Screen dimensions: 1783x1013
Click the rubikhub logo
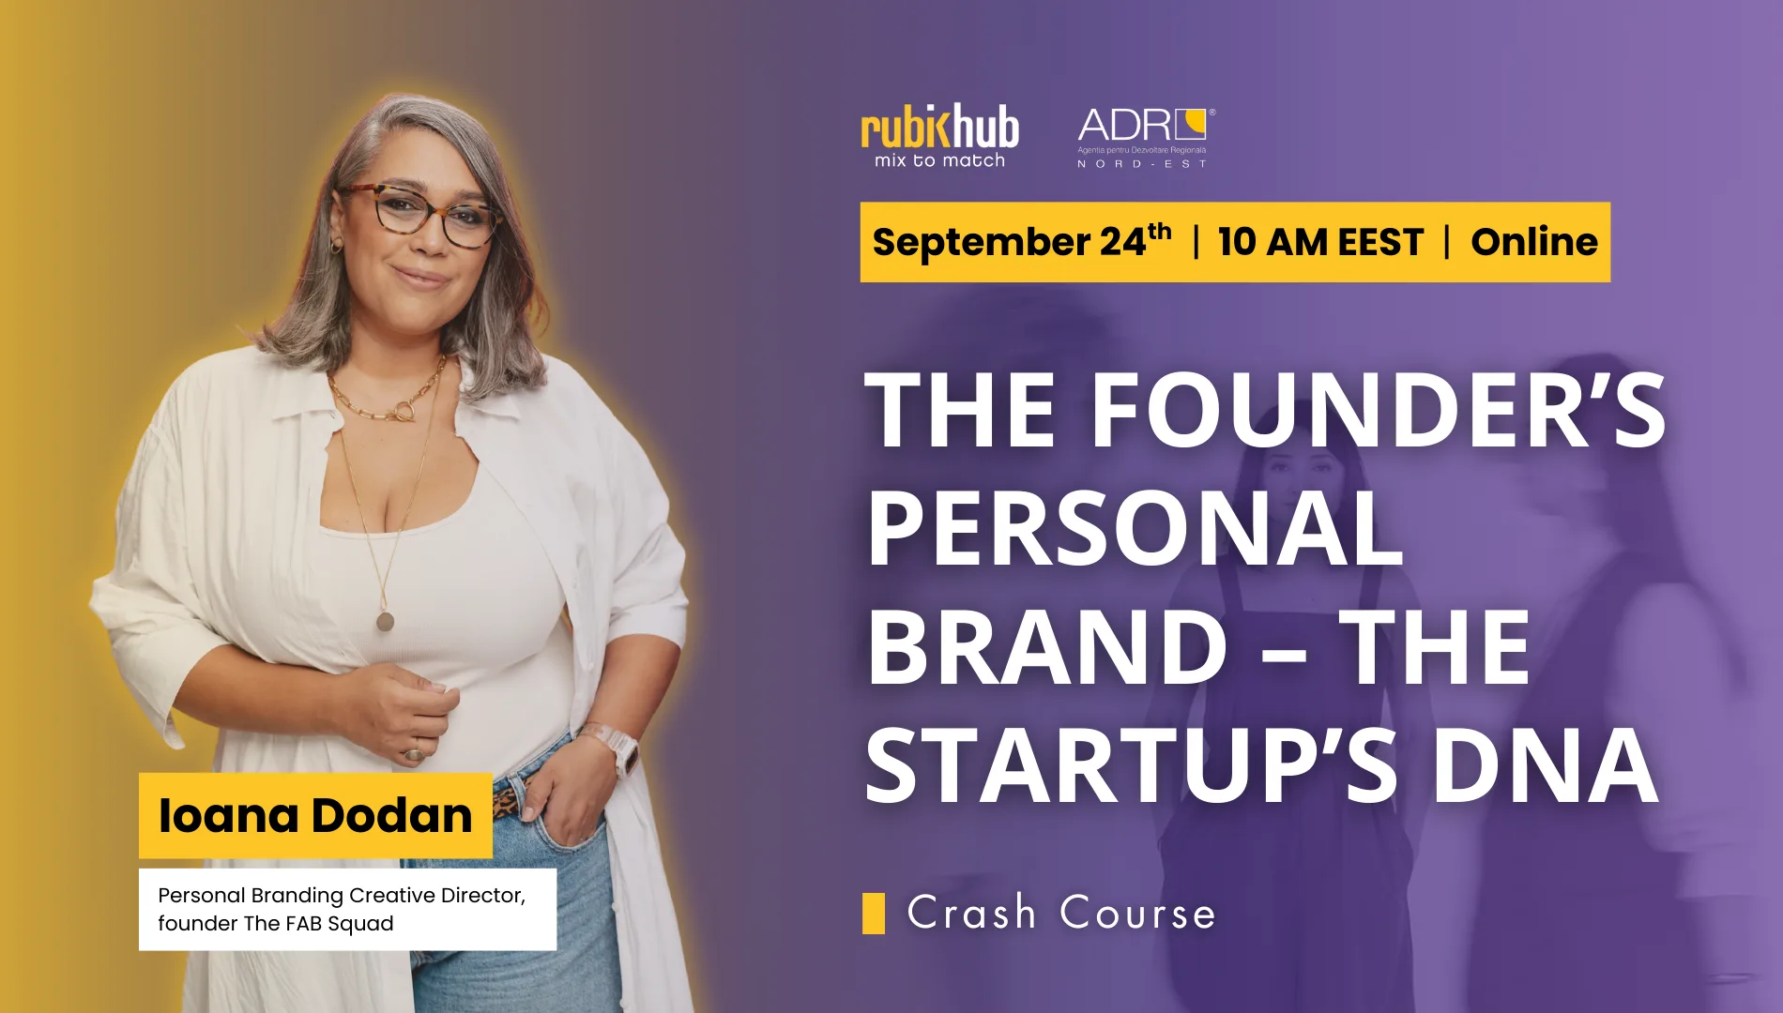[939, 136]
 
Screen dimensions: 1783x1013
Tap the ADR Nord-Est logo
[1144, 138]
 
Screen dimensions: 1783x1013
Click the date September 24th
[1022, 241]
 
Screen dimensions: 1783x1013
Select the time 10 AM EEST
[1320, 242]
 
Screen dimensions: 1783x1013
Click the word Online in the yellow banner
[1534, 242]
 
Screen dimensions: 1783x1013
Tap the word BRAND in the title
[1046, 646]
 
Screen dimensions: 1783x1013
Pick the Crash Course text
[1061, 913]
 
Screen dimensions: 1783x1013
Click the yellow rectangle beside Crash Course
[874, 914]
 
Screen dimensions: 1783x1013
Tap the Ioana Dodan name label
[315, 815]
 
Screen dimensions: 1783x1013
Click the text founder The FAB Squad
[276, 924]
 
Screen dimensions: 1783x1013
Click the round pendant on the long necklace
[385, 621]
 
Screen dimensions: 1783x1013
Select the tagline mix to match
[939, 161]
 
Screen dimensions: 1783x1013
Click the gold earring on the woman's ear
[336, 245]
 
